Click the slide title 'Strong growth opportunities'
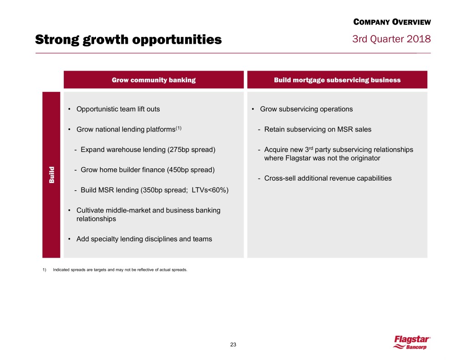pos(128,41)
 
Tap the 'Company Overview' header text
pos(392,22)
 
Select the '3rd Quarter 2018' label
pos(391,39)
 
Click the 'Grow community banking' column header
pos(154,80)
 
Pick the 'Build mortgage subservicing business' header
pos(337,80)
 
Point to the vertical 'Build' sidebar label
pos(51,175)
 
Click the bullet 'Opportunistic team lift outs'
pos(118,109)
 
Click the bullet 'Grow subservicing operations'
pos(306,109)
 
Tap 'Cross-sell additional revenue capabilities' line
pos(328,178)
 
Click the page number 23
pos(233,344)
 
